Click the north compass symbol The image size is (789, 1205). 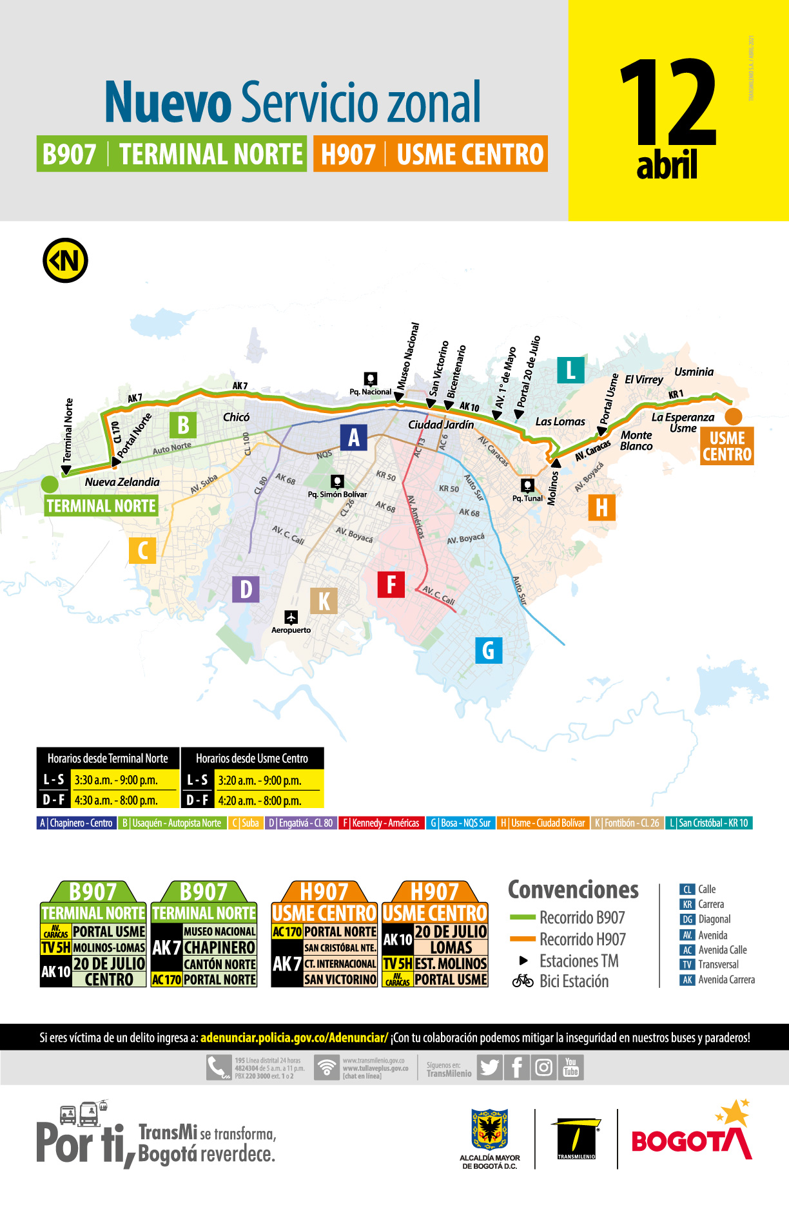pos(65,261)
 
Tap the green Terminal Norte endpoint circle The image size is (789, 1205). pos(50,483)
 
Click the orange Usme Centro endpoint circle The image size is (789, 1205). pos(734,416)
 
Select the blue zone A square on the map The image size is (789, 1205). pos(353,438)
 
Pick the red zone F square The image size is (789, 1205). pos(391,584)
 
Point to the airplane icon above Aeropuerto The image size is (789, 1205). pos(291,617)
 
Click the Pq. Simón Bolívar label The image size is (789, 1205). pos(337,494)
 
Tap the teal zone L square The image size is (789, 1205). pos(570,371)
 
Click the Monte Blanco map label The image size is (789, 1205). pos(636,441)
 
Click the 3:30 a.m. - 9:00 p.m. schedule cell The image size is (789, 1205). pos(122,780)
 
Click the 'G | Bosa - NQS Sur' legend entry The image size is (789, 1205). pos(460,823)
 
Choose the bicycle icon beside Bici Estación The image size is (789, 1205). pos(523,981)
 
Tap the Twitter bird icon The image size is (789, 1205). pos(490,1068)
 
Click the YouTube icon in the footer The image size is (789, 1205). pos(570,1067)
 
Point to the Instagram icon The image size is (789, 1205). pos(544,1068)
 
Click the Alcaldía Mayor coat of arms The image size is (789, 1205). pos(490,1129)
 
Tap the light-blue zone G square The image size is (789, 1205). pos(488,650)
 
